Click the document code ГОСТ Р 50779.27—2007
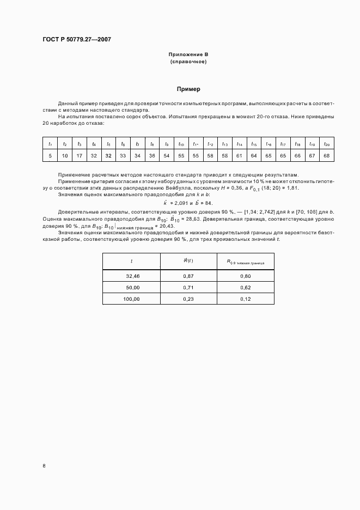coord(77,39)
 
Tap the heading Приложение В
coord(188,55)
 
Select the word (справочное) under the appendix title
coord(188,62)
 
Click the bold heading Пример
coord(188,89)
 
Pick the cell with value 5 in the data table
coord(50,156)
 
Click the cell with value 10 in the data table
coord(65,156)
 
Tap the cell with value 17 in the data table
coord(79,156)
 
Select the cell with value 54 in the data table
coord(167,156)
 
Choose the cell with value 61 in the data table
coord(239,156)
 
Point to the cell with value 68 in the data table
coord(326,156)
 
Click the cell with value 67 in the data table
coord(312,156)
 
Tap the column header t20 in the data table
coord(326,144)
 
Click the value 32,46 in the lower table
coord(132,276)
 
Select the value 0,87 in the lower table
coord(188,276)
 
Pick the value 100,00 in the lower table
coord(132,299)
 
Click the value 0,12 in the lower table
coord(245,299)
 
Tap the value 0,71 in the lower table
coord(188,287)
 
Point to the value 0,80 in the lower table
coord(245,276)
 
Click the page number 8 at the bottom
coord(44,466)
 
